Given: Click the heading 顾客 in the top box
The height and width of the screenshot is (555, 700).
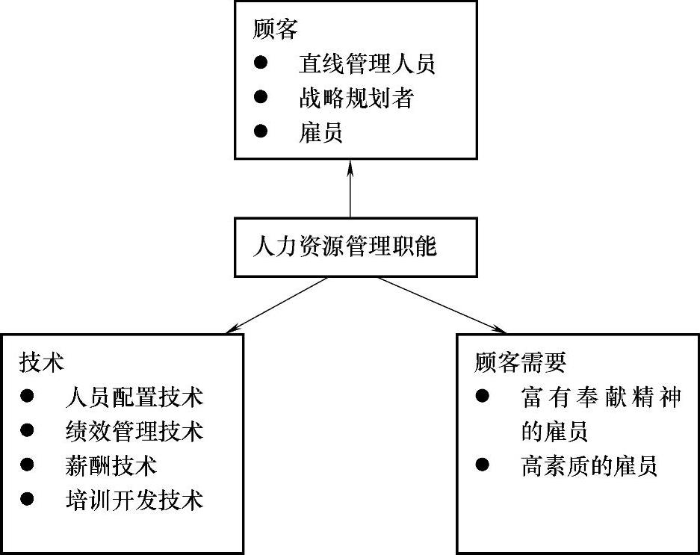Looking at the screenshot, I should point(276,29).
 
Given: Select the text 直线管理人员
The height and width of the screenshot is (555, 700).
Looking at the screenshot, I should point(366,63).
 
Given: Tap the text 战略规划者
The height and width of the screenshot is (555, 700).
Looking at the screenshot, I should point(355,98).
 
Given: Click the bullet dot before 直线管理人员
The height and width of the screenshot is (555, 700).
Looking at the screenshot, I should point(260,63).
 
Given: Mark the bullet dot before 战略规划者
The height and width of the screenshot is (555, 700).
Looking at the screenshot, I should point(260,97).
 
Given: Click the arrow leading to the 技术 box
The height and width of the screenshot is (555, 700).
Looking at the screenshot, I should point(276,305).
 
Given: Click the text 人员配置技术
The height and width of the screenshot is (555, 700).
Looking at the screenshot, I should point(134,397).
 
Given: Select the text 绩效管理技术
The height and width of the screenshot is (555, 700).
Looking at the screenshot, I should point(134,431).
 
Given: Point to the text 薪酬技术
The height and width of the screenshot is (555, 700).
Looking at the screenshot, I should point(111,465).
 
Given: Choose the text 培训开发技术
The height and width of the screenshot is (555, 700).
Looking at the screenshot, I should point(134,500).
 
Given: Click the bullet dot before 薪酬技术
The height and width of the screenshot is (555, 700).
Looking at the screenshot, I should point(28,465).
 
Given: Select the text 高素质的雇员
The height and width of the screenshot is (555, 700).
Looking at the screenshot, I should point(589,467).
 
